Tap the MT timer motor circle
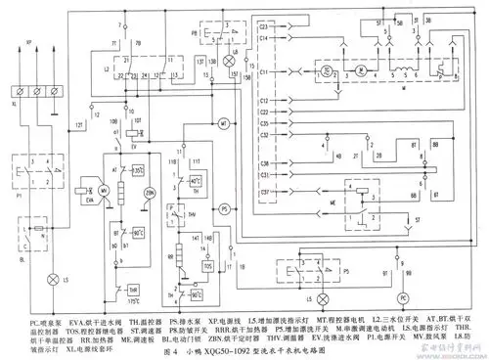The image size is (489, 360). click(x=223, y=123)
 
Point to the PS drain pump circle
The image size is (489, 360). click(x=223, y=208)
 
